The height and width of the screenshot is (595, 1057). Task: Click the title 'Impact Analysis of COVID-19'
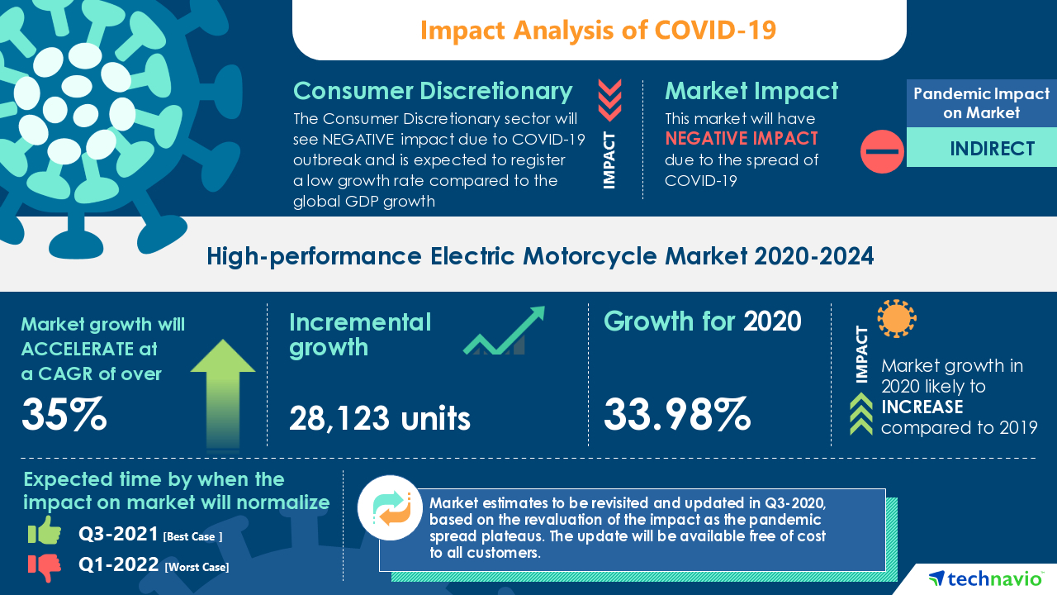[x=599, y=30]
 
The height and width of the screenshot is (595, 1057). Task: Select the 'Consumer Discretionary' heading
[x=433, y=91]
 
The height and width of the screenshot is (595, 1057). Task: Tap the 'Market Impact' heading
[x=751, y=91]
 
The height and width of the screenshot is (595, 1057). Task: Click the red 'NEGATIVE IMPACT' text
[x=742, y=138]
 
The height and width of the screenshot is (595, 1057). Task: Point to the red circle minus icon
[x=882, y=152]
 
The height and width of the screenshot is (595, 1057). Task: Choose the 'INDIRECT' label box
[x=981, y=149]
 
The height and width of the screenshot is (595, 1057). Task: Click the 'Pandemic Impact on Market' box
[x=981, y=103]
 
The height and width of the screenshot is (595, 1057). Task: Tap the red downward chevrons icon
[x=609, y=101]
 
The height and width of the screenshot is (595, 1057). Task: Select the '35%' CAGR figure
[x=64, y=415]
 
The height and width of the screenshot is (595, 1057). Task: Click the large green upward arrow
[x=222, y=392]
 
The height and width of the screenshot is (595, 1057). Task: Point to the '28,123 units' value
[x=380, y=419]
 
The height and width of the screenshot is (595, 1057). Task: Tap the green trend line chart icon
[x=504, y=331]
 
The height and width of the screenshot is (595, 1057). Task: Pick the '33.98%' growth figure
[x=677, y=415]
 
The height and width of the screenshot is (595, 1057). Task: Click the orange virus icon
[x=897, y=319]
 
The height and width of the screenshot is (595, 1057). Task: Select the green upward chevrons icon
[x=861, y=413]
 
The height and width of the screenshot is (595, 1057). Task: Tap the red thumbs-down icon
[x=45, y=566]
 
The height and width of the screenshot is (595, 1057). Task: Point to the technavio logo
[x=984, y=578]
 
